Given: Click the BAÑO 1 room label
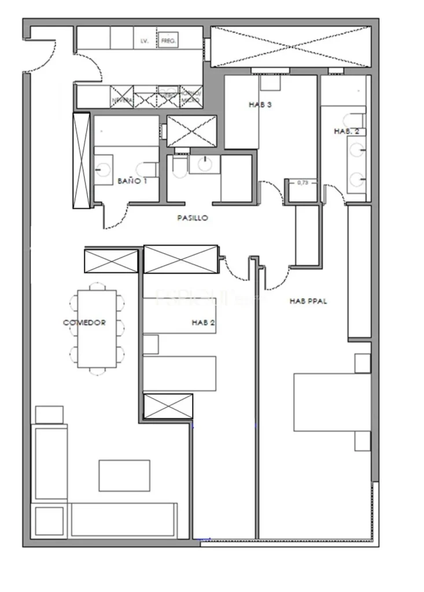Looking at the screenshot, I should (x=132, y=181).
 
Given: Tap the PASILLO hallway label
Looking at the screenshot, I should (x=192, y=219).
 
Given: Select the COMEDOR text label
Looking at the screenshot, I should (x=84, y=323).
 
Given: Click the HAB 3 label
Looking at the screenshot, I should (x=260, y=105).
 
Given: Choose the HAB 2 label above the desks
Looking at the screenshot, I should (x=203, y=323).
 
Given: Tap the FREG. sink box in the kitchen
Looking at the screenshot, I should (x=169, y=40).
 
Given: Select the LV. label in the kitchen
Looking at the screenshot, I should (x=145, y=41).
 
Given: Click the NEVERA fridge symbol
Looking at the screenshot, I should (x=122, y=97).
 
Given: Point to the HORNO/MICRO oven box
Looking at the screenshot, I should (x=190, y=97).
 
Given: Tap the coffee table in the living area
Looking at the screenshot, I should (x=124, y=475).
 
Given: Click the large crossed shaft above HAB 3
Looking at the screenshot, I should (x=290, y=46).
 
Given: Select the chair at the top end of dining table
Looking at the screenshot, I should (x=97, y=287).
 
